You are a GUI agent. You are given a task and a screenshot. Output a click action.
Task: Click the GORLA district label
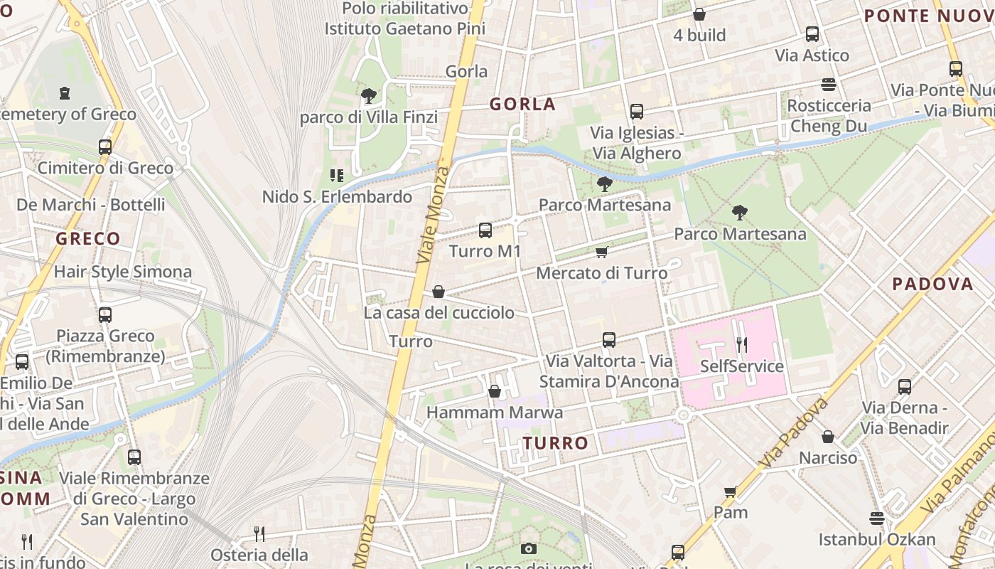[522, 104]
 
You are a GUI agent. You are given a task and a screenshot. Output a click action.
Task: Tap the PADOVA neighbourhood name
[932, 284]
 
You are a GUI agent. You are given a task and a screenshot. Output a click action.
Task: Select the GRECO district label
[88, 238]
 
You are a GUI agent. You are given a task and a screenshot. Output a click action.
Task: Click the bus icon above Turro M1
[485, 230]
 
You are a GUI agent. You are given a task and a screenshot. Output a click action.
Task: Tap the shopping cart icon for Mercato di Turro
[602, 252]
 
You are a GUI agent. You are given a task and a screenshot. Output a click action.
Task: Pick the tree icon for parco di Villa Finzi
[368, 96]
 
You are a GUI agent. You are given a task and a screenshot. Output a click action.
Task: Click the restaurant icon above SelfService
[742, 345]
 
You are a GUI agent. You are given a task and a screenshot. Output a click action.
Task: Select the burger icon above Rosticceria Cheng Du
[828, 85]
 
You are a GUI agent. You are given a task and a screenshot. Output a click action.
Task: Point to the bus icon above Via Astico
[812, 34]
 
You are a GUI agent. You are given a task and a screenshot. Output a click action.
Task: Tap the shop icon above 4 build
[699, 14]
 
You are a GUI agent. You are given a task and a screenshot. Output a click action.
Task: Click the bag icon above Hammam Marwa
[495, 391]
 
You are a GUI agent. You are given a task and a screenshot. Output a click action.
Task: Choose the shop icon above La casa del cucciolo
[439, 292]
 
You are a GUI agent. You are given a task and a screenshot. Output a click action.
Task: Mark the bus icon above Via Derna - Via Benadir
[904, 387]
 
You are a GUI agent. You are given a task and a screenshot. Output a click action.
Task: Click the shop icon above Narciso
[828, 436]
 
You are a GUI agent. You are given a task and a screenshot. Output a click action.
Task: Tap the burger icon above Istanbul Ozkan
[877, 519]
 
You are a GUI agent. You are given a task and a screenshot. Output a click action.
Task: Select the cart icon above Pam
[730, 491]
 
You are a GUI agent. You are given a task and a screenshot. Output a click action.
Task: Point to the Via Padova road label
[794, 433]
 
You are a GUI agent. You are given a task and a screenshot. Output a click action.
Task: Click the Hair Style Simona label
[123, 272]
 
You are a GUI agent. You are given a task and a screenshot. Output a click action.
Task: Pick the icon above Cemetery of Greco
[65, 93]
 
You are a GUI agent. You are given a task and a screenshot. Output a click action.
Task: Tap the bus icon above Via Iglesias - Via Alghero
[637, 112]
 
